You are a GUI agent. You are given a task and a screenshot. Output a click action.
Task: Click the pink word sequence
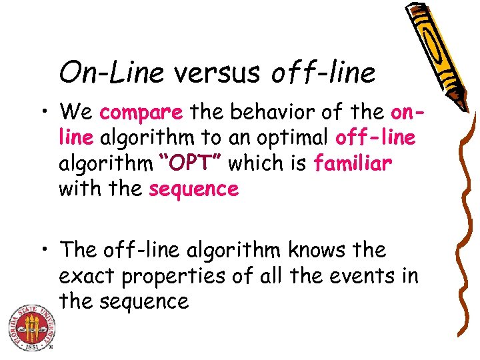[x=194, y=189]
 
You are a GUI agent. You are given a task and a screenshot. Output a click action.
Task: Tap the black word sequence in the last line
[x=145, y=302]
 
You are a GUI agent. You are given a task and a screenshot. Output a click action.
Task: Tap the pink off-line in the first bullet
[x=376, y=138]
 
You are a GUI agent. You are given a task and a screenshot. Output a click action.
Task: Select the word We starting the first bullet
[x=77, y=113]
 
